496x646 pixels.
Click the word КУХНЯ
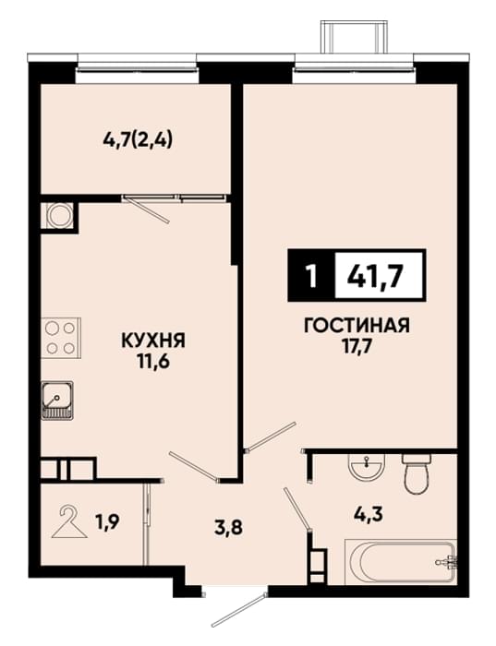153,341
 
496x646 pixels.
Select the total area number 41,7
374,276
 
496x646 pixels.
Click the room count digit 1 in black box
311,276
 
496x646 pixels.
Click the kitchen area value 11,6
153,363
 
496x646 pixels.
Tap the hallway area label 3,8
228,527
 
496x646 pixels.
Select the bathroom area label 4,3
369,513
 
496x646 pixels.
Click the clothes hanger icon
68,522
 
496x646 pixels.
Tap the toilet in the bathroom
417,473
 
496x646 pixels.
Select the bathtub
401,561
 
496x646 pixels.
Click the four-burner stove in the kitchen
61,338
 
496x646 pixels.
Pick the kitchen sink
57,401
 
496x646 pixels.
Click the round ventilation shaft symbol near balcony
60,215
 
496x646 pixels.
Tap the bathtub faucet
447,561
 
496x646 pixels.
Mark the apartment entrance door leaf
238,611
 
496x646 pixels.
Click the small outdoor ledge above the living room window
355,36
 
